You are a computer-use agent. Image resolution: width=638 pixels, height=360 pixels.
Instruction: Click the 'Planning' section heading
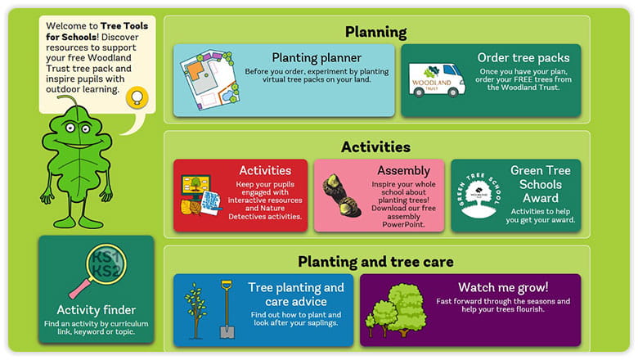click(375, 32)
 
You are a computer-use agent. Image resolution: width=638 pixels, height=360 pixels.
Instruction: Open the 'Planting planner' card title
click(317, 58)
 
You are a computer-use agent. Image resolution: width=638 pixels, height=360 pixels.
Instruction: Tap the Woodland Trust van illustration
click(437, 80)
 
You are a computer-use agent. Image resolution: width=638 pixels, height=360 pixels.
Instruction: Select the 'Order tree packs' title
click(523, 58)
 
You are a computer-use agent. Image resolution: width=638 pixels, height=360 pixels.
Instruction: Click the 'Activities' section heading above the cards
click(375, 147)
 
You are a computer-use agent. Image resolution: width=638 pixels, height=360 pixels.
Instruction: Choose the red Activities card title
click(265, 171)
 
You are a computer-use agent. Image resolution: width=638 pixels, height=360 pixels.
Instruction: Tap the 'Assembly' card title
click(403, 171)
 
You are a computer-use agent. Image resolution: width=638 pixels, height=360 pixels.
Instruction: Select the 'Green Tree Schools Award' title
click(541, 184)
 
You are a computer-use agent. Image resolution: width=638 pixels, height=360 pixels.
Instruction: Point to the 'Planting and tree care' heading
click(375, 262)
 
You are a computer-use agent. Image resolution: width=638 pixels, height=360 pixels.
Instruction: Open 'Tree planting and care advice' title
click(296, 295)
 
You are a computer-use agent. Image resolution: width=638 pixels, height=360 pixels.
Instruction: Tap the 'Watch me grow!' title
click(503, 287)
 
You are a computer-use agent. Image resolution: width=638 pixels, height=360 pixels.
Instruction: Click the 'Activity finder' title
click(97, 310)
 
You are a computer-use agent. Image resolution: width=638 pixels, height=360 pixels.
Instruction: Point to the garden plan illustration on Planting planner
click(205, 79)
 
